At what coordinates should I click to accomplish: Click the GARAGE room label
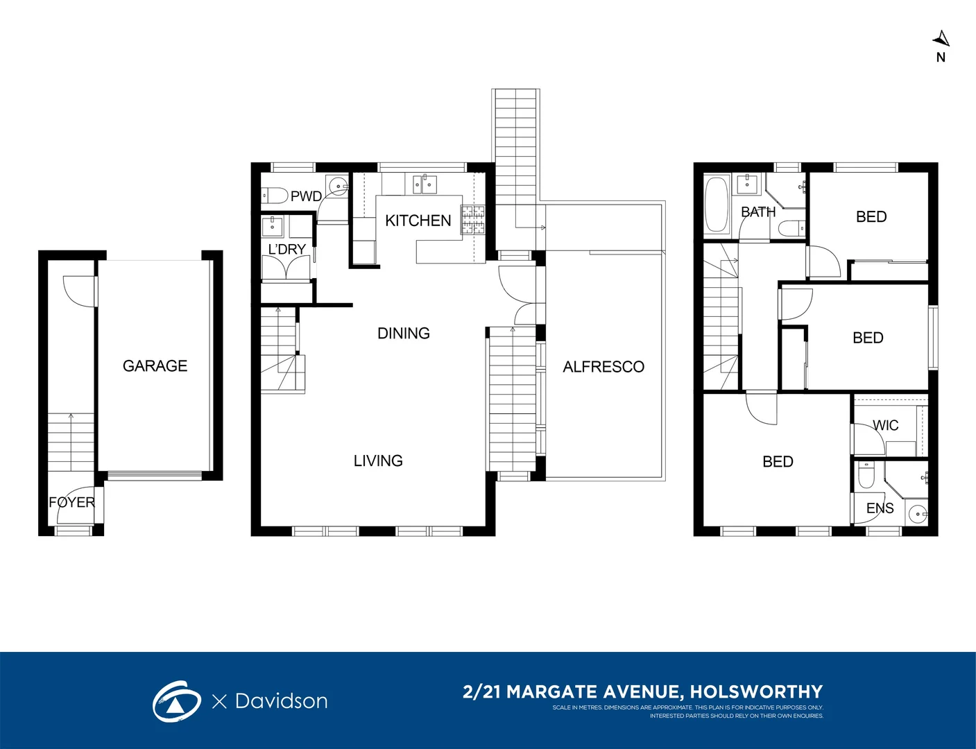tap(155, 365)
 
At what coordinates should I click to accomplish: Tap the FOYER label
tap(72, 502)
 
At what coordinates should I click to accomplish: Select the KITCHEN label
tap(418, 221)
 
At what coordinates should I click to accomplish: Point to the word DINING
tap(403, 333)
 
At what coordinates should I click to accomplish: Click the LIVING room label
tap(378, 460)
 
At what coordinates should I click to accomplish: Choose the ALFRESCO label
tap(603, 367)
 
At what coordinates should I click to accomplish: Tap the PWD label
tap(307, 196)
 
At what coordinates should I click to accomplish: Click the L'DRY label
tap(286, 249)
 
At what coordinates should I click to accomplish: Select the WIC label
tap(885, 425)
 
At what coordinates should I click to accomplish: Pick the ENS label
tap(880, 508)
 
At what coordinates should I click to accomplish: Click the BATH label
tap(758, 212)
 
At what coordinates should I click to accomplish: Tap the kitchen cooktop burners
tap(472, 220)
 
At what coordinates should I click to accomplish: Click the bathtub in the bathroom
tap(717, 205)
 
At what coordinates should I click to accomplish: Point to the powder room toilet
tap(275, 196)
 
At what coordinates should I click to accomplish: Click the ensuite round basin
tap(918, 514)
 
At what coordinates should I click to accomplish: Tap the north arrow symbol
tap(941, 39)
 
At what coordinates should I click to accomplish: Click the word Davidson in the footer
tap(281, 701)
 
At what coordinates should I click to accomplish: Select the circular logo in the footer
tap(176, 701)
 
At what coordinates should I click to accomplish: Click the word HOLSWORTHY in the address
tap(756, 692)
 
